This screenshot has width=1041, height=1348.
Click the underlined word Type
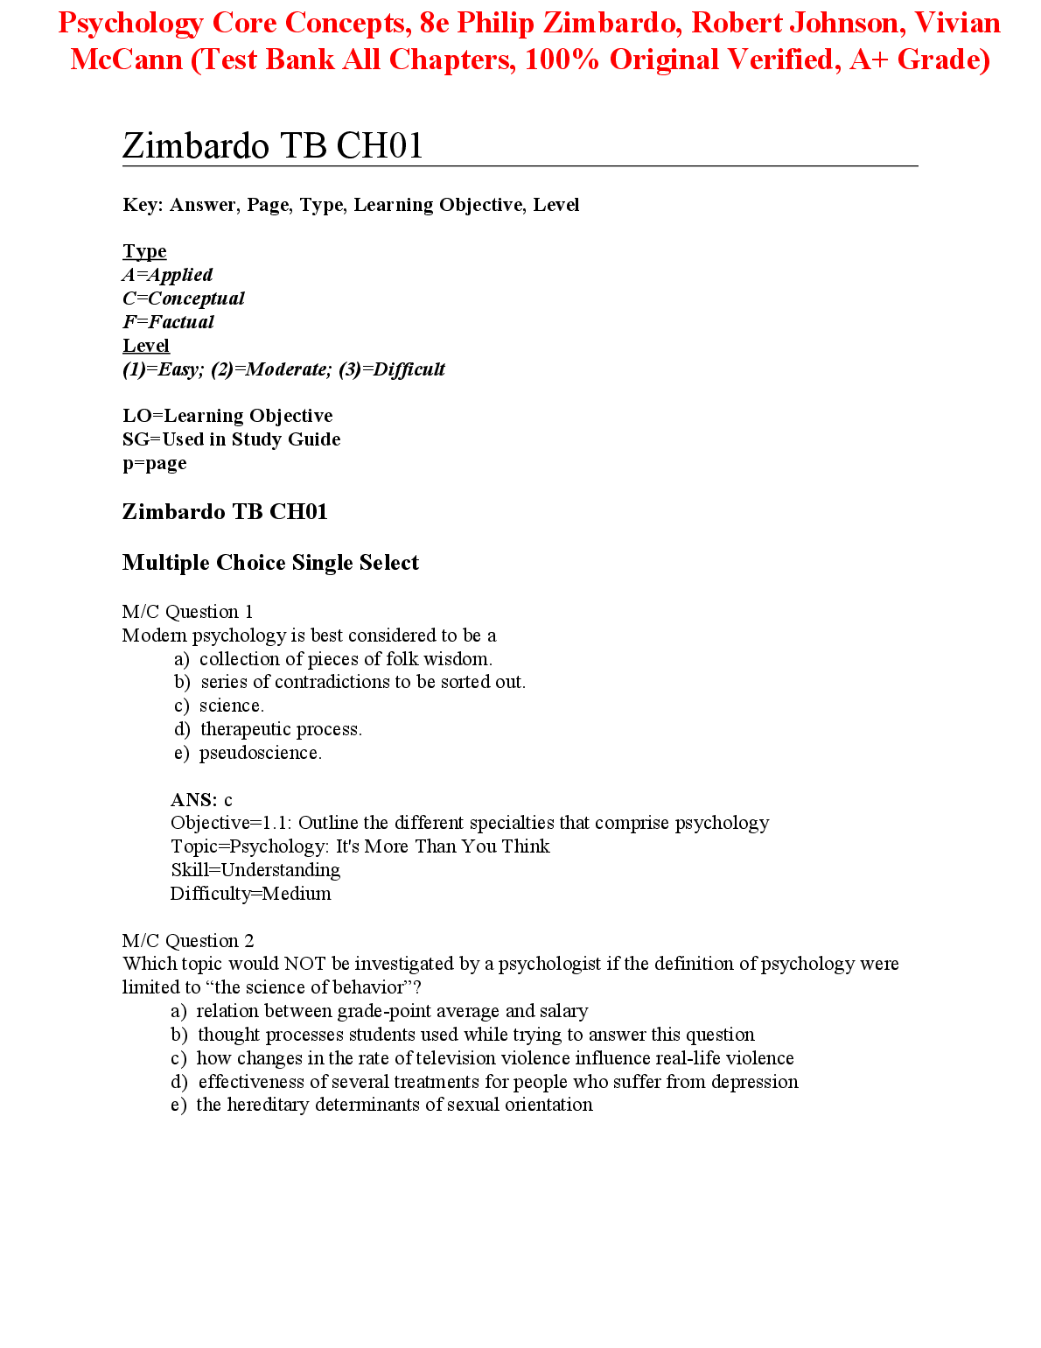[144, 251]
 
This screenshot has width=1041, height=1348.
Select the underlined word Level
[146, 346]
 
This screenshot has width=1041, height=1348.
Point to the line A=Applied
[168, 275]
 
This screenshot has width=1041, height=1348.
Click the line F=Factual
[168, 322]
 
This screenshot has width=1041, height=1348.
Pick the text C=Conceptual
[184, 298]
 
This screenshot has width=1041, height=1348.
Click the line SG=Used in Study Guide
[231, 439]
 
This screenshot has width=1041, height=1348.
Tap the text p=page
[154, 463]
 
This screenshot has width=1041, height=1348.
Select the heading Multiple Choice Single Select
[270, 563]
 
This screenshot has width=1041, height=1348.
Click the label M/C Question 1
[187, 612]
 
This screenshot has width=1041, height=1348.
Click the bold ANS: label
[193, 800]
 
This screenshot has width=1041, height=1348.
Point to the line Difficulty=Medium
[250, 894]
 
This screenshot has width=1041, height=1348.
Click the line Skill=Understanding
[255, 870]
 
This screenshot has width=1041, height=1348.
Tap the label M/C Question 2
[188, 941]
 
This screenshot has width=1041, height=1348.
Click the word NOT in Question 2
[305, 964]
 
